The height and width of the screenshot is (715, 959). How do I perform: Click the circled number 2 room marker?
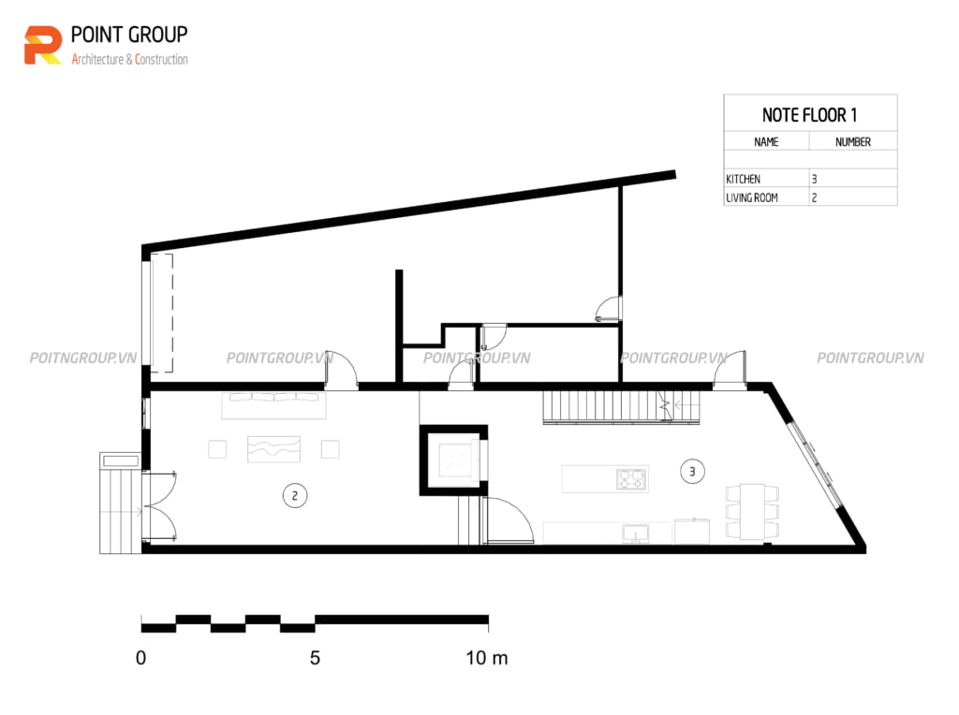pyautogui.click(x=295, y=496)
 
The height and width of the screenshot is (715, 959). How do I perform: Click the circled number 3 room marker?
pyautogui.click(x=692, y=471)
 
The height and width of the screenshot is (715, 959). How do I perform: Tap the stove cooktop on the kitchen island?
pyautogui.click(x=631, y=478)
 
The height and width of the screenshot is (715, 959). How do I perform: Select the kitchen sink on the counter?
pyautogui.click(x=636, y=533)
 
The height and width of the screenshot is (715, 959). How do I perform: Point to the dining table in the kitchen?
pyautogui.click(x=752, y=512)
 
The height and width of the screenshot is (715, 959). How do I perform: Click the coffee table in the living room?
pyautogui.click(x=274, y=449)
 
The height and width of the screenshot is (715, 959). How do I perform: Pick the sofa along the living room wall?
pyautogui.click(x=274, y=405)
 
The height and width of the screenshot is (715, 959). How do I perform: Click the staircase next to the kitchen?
pyautogui.click(x=622, y=407)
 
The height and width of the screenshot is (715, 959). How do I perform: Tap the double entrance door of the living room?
pyautogui.click(x=159, y=506)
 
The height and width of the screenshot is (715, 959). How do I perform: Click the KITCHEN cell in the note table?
pyautogui.click(x=743, y=179)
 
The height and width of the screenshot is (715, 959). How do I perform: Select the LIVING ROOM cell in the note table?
pyautogui.click(x=752, y=198)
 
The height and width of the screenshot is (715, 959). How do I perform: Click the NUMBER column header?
pyautogui.click(x=852, y=141)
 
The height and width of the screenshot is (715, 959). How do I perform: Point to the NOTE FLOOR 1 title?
pyautogui.click(x=809, y=115)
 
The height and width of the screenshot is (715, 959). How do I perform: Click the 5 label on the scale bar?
pyautogui.click(x=315, y=658)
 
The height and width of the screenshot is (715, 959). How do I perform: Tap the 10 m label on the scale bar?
pyautogui.click(x=487, y=658)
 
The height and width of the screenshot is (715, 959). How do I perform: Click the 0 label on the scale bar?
pyautogui.click(x=140, y=658)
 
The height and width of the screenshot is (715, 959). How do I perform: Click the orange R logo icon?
pyautogui.click(x=43, y=45)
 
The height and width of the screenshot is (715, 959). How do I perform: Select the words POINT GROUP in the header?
pyautogui.click(x=129, y=35)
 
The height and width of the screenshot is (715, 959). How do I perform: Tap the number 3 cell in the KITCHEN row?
pyautogui.click(x=814, y=179)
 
